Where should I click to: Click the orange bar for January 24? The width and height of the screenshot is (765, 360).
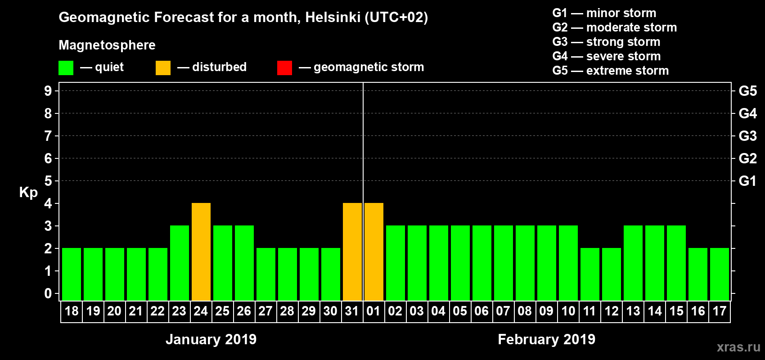pos(201,252)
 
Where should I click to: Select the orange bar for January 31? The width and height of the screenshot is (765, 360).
pos(352,252)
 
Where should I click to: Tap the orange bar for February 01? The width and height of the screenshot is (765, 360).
pos(374,252)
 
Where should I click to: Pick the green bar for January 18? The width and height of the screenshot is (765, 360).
pos(72,274)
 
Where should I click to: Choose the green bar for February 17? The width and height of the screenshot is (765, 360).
pos(720,274)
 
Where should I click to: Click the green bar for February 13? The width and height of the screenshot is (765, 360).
pos(633,263)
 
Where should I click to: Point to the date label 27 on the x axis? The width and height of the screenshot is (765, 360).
pos(265,311)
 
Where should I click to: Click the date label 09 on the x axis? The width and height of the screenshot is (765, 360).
pos(546,311)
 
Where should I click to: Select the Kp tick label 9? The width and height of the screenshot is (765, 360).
pos(48,91)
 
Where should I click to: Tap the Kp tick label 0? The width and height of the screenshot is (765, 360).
pos(48,294)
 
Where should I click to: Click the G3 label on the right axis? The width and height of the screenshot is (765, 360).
pos(747,136)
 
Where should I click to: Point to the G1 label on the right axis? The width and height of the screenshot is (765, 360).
pos(747,181)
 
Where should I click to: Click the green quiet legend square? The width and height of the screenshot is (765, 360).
pos(66,68)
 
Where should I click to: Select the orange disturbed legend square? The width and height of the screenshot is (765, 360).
pos(163,68)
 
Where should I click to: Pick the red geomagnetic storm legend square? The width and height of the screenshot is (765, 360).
pos(284,68)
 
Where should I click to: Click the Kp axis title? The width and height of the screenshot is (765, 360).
pos(28,193)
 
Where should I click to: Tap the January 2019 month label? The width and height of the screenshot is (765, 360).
pos(211,339)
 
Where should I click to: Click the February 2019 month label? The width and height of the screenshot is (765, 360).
pos(546,339)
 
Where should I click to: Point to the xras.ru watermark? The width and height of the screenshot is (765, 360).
pos(738,347)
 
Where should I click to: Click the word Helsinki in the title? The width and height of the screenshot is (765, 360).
pos(333,18)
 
